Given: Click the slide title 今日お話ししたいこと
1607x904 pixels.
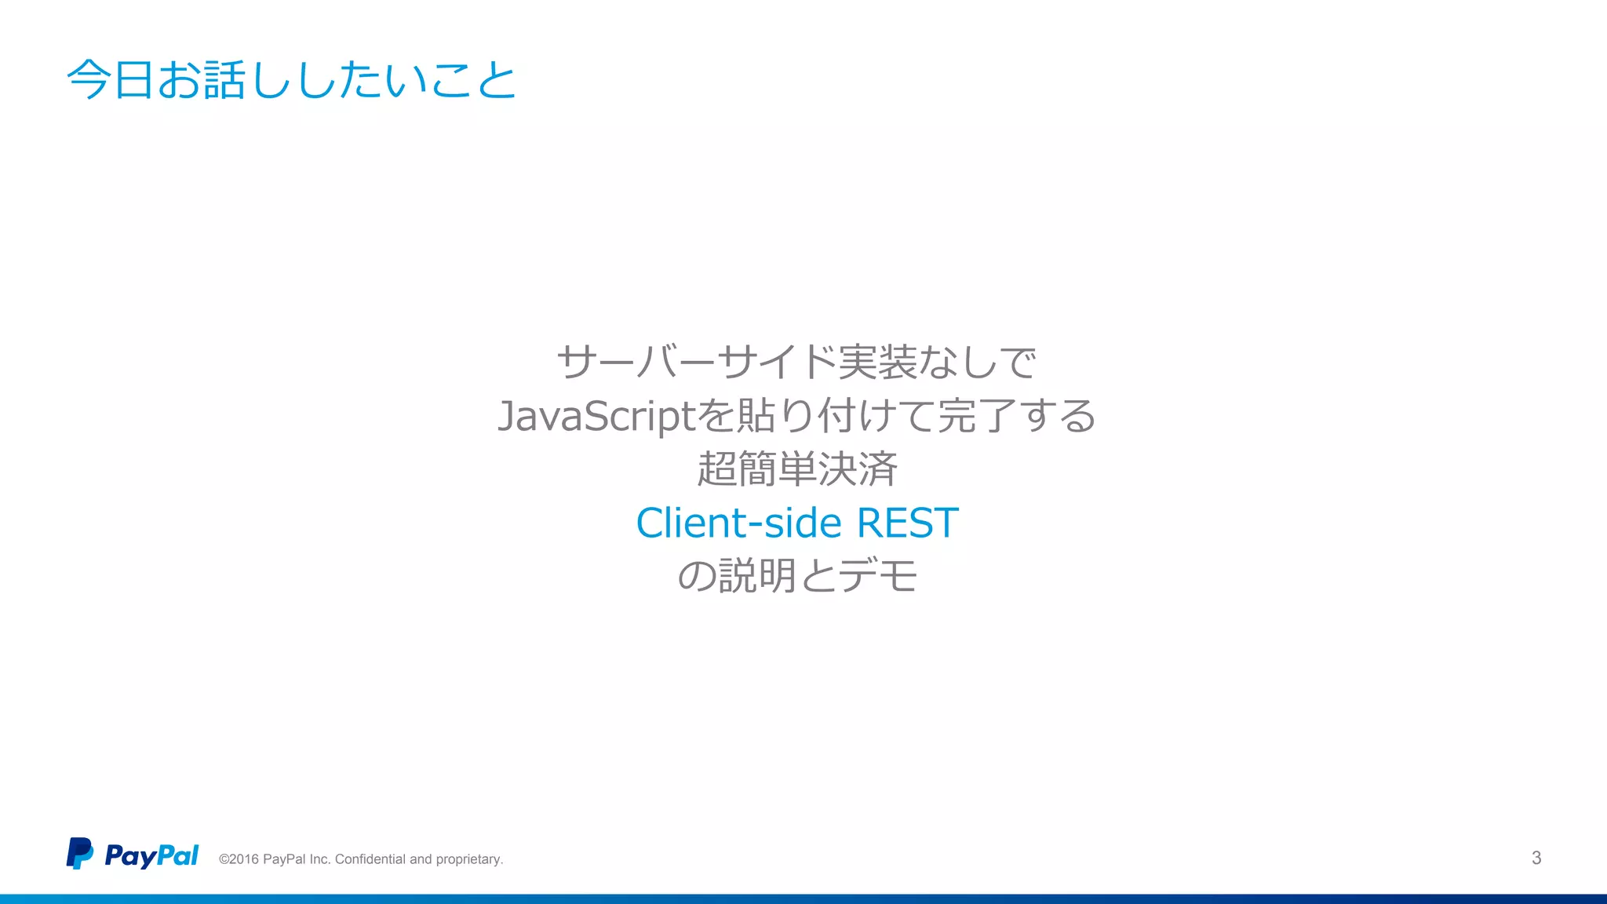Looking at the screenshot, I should click(x=291, y=79).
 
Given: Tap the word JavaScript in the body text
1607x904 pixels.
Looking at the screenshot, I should click(x=596, y=416).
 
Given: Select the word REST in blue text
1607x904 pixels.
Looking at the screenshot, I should click(x=907, y=523).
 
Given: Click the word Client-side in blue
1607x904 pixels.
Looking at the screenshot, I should click(x=738, y=523).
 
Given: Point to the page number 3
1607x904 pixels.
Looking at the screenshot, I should click(x=1536, y=858).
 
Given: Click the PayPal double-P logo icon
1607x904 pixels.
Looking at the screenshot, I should click(x=79, y=854).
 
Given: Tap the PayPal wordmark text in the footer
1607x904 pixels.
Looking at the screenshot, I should click(x=151, y=855).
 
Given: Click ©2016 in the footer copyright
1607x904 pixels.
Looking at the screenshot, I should click(x=239, y=859).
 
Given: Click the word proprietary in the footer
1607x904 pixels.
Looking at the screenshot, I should click(x=468, y=859).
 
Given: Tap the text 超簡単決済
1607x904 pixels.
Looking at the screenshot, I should click(x=796, y=469).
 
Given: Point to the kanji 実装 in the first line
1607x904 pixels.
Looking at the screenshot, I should click(x=876, y=363).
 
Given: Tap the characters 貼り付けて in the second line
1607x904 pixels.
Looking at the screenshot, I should click(x=834, y=416).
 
